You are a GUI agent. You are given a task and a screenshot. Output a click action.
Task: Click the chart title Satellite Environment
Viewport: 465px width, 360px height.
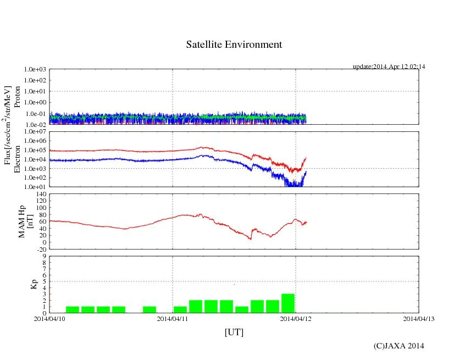point(234,45)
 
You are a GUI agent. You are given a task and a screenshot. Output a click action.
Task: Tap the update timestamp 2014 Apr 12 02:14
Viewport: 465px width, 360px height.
point(389,67)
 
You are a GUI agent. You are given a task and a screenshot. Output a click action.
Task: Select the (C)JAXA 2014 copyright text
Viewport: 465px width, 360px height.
point(398,346)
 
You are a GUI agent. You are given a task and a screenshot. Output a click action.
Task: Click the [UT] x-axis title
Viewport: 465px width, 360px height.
point(234,332)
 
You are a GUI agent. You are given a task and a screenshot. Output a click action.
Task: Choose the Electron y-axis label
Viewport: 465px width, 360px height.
point(17,159)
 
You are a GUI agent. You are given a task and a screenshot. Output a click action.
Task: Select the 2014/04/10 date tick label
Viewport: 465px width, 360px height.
point(49,318)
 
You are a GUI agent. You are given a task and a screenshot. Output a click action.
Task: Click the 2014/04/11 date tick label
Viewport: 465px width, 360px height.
point(173,318)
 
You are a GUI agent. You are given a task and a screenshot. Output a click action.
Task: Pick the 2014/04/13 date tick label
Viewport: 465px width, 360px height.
point(418,318)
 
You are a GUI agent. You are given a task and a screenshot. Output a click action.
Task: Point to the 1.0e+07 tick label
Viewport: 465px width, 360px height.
point(35,132)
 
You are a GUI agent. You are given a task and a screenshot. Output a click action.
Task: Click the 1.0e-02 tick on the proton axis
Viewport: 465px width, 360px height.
point(35,125)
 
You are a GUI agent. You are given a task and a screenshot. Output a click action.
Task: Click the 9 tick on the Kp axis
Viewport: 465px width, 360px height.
point(43,256)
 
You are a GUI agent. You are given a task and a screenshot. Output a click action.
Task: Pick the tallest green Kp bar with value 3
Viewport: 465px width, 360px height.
point(288,303)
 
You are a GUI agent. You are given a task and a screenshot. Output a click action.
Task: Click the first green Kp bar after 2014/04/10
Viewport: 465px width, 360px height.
point(73,309)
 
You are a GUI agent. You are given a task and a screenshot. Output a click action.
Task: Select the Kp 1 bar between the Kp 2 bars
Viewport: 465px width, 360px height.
point(242,309)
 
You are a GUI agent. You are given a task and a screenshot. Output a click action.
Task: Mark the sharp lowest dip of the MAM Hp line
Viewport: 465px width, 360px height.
point(250,239)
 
